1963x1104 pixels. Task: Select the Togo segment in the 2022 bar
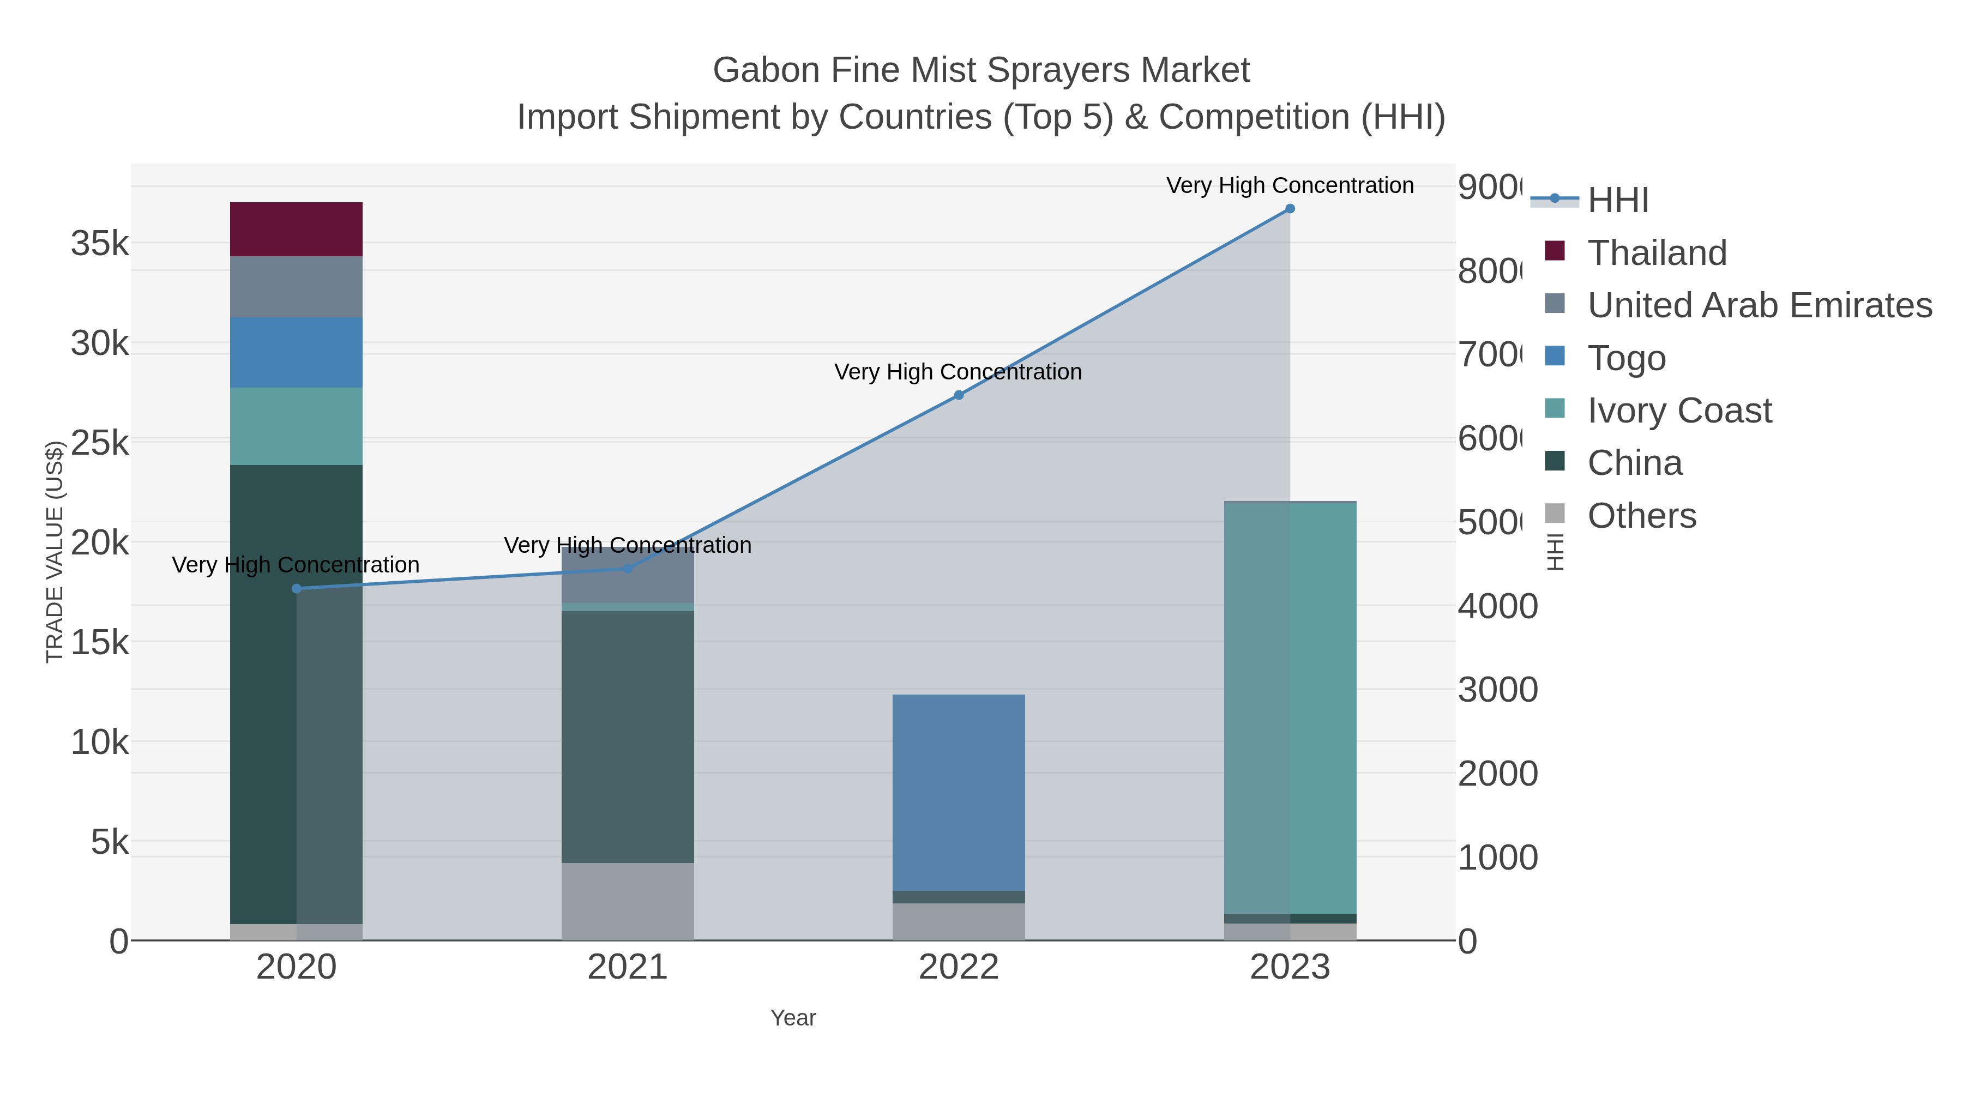958,792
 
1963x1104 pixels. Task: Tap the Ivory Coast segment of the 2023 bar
1290,709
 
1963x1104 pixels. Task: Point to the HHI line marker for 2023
1290,209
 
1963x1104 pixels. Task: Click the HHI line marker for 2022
959,395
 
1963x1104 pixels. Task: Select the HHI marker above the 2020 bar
297,588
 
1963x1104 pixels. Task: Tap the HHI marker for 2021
627,569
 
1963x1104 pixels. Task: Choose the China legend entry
1635,462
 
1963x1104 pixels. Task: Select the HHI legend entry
1618,200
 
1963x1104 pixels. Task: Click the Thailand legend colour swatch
1555,251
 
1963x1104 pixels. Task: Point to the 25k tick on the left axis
100,443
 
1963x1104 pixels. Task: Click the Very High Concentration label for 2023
1290,185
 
